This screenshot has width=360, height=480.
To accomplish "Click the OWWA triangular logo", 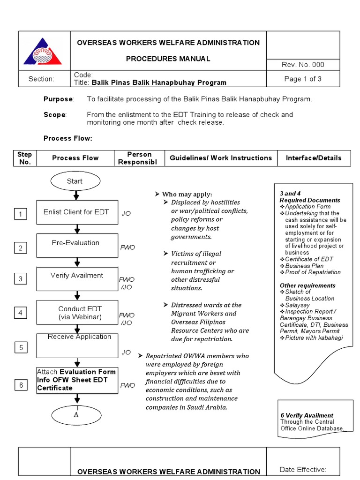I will click(44, 52).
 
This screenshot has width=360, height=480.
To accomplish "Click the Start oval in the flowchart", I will click(75, 181).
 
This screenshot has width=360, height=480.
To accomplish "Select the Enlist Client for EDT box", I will click(77, 212).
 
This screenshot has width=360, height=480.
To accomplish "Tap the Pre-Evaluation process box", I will click(77, 246).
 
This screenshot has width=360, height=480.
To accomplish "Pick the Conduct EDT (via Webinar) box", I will click(77, 312).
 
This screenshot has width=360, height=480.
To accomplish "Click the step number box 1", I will click(21, 215).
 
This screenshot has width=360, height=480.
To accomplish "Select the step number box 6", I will click(21, 385).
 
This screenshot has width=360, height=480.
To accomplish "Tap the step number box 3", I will click(21, 279).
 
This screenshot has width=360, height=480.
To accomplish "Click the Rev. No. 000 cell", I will click(303, 65).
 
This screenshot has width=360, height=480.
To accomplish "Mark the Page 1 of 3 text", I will click(303, 79).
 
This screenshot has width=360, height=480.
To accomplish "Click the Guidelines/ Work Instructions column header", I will click(221, 158).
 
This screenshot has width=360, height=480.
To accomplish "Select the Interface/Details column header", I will click(314, 158).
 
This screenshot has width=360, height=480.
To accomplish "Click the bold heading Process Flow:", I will click(68, 138).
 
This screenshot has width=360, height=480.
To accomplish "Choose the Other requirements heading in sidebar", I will click(307, 285).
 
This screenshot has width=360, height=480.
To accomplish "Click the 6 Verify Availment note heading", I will click(307, 415).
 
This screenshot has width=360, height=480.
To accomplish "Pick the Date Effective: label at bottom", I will click(303, 470).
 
